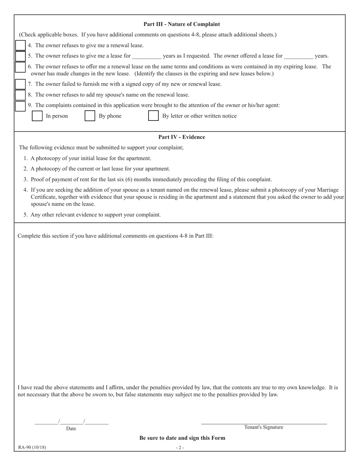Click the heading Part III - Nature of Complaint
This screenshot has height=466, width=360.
pyautogui.click(x=182, y=24)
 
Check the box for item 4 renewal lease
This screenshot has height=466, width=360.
pyautogui.click(x=20, y=45)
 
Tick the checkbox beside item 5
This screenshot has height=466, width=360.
pyautogui.click(x=20, y=56)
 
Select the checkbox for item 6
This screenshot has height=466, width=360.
pyautogui.click(x=20, y=67)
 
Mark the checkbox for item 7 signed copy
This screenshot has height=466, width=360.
pyautogui.click(x=20, y=84)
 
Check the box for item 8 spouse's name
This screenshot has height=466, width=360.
pyautogui.click(x=20, y=95)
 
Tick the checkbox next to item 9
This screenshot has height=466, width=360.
pyautogui.click(x=20, y=106)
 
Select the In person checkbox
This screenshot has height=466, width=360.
pyautogui.click(x=37, y=116)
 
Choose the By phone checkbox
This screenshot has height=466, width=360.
pyautogui.click(x=90, y=116)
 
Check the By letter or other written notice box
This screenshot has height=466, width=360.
pyautogui.click(x=153, y=116)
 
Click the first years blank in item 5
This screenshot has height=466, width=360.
pyautogui.click(x=147, y=56)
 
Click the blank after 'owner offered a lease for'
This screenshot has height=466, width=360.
pyautogui.click(x=298, y=56)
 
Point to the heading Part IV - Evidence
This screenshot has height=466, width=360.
pyautogui.click(x=182, y=137)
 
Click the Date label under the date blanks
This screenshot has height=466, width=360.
pyautogui.click(x=71, y=428)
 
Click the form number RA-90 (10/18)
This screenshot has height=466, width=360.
pyautogui.click(x=32, y=447)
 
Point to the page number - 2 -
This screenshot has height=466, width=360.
pyautogui.click(x=180, y=447)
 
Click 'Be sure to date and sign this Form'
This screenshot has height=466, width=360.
pyautogui.click(x=182, y=438)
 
